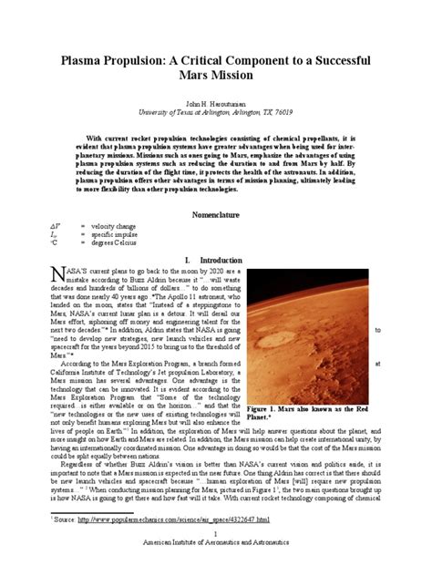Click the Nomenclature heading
tap(215, 214)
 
